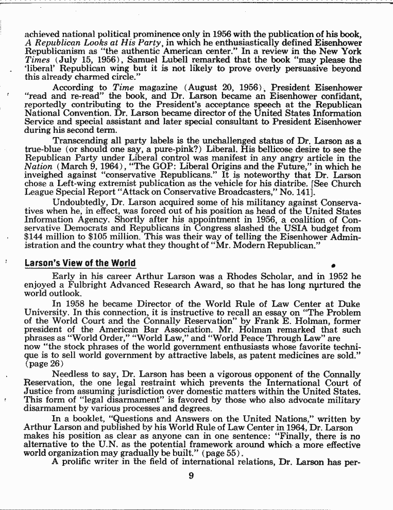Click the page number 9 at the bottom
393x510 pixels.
[191, 476]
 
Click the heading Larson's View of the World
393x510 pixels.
[80, 263]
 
